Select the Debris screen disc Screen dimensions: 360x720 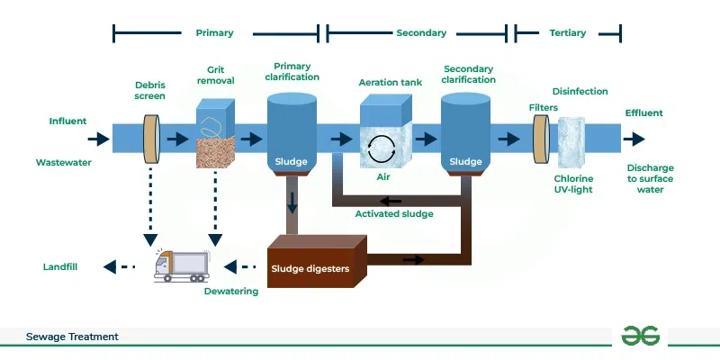tap(152, 139)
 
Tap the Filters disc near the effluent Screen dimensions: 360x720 tap(541, 139)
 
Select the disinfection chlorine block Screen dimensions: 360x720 tap(571, 139)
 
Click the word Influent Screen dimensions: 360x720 tap(68, 120)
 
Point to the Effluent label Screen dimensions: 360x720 tap(643, 113)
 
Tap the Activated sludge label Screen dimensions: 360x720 tap(394, 214)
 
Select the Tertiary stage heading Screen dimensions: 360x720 tap(567, 33)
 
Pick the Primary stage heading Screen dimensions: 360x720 tap(214, 33)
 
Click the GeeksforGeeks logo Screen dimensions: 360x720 tap(640, 336)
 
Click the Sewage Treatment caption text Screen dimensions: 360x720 tap(72, 337)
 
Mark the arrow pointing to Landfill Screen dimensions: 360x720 tap(119, 267)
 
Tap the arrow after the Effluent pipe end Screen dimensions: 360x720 tap(635, 139)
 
